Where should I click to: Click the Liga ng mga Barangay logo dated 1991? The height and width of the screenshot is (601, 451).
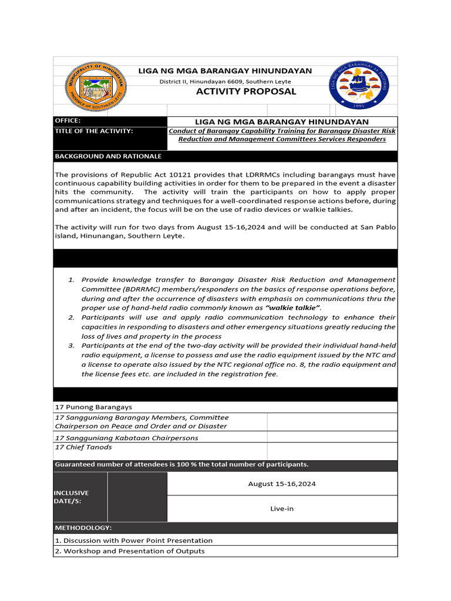point(358,86)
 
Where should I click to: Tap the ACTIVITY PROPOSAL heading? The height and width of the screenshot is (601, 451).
point(246,92)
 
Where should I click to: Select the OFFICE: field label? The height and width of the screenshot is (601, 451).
point(68,120)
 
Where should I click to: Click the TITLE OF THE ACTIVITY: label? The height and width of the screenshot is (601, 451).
point(94,131)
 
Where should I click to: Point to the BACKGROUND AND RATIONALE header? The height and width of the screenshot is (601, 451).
point(108,157)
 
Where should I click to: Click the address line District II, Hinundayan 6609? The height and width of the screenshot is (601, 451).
point(225,81)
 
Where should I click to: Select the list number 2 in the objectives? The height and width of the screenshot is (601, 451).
point(70,318)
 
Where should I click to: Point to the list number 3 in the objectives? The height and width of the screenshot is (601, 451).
point(70,346)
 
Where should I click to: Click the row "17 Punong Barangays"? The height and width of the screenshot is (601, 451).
point(93,407)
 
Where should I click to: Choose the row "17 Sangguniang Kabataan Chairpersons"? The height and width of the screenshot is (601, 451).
point(126,438)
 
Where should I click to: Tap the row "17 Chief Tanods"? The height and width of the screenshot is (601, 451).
point(83,447)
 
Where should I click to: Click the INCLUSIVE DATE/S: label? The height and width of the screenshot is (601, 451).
point(72,497)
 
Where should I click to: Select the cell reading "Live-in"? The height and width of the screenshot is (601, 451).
point(282,508)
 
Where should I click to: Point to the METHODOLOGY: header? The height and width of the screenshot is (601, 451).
point(83,528)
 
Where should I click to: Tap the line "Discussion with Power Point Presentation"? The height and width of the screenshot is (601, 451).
point(134,540)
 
